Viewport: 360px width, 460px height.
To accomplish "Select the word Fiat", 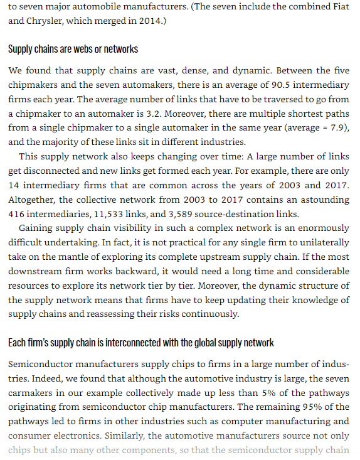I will pos(338,7).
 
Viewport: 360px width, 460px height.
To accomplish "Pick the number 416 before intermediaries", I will pos(18,213).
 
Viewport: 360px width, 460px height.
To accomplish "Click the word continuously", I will pos(209,314).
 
